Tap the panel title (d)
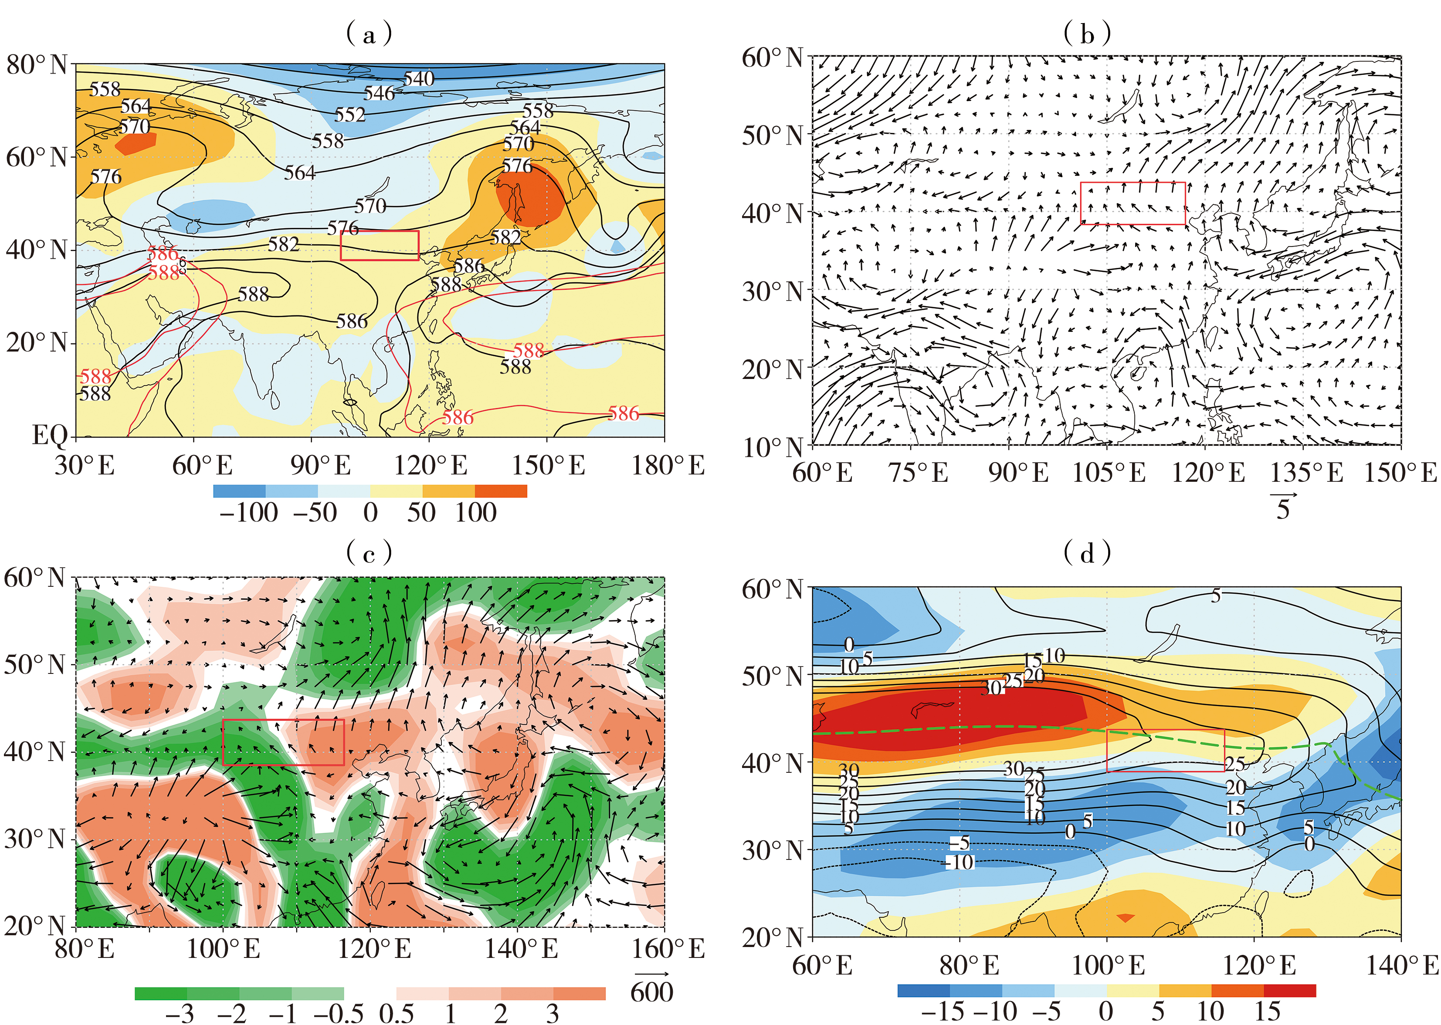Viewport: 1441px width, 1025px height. (x=1087, y=553)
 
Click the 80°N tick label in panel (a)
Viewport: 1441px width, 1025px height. (x=37, y=64)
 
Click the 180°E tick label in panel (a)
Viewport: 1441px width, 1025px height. (x=668, y=466)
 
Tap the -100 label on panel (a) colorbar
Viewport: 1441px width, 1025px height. (x=248, y=512)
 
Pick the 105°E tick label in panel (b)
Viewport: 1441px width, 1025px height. (x=1109, y=472)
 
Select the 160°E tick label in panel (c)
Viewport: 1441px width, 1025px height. (x=668, y=949)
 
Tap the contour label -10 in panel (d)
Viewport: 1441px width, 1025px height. (x=960, y=862)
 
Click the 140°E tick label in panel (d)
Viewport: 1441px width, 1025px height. (x=1402, y=966)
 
